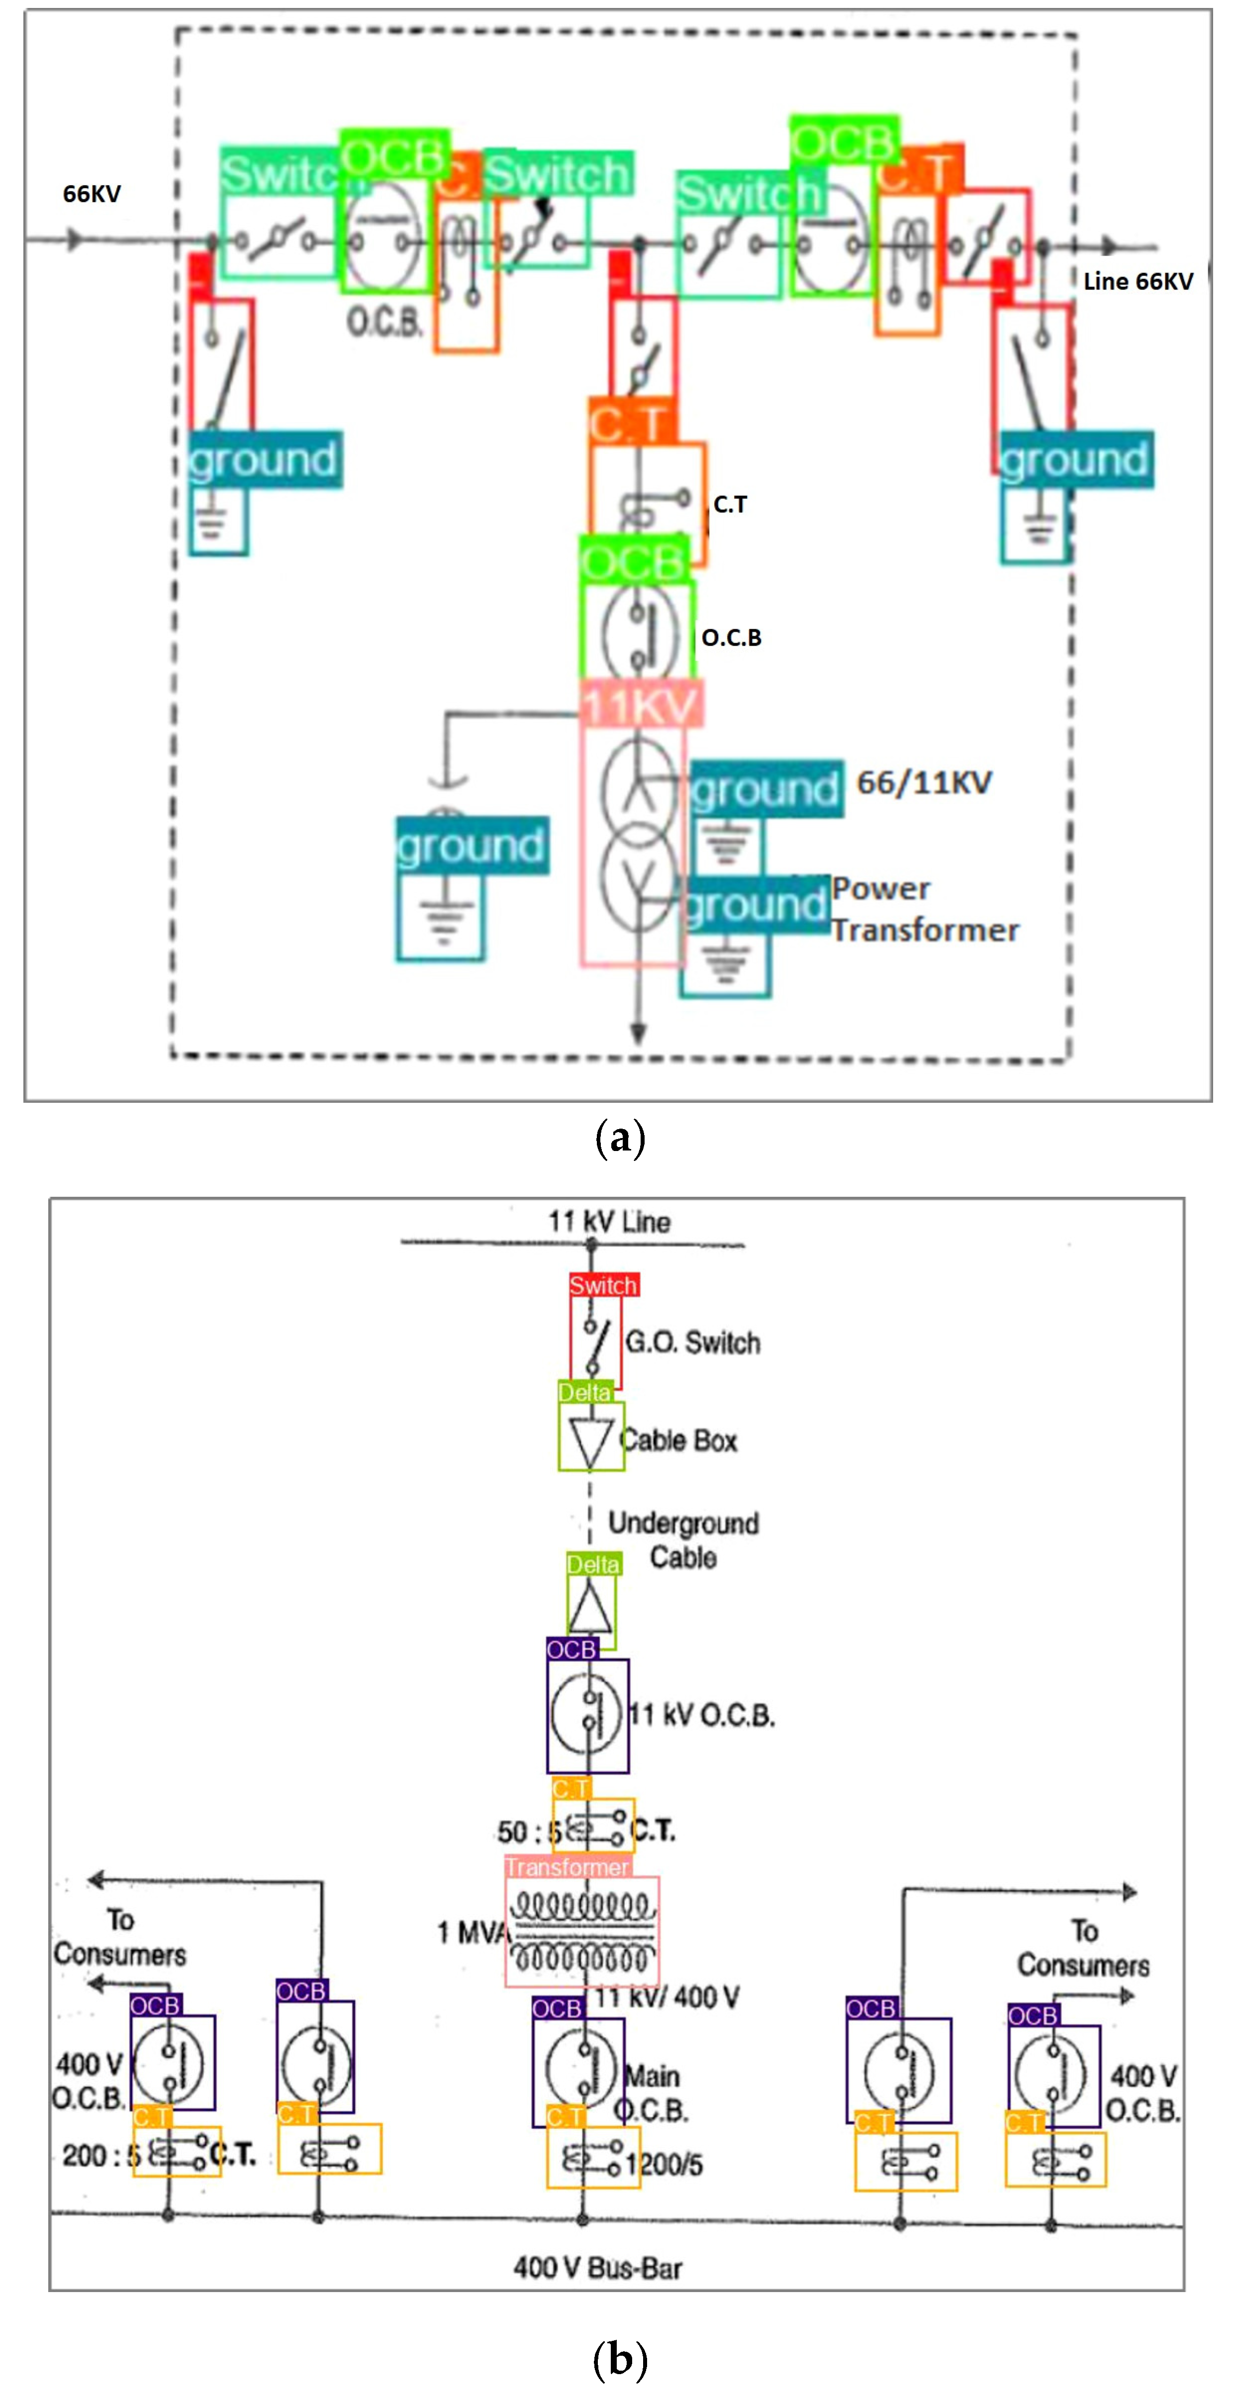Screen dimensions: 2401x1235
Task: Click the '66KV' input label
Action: coord(92,194)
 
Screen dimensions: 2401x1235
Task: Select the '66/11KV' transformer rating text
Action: coord(924,783)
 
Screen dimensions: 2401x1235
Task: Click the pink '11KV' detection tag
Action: coord(640,705)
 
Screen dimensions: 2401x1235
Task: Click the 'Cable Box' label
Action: coord(679,1441)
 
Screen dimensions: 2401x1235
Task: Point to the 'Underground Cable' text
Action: coord(683,1540)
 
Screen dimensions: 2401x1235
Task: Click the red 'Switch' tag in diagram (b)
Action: coord(603,1285)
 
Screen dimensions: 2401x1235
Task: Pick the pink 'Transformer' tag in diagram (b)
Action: coord(568,1867)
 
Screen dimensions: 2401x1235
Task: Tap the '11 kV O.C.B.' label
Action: coord(702,1715)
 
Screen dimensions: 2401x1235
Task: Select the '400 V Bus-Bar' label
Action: coord(597,2268)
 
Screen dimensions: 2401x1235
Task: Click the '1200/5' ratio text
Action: coord(665,2164)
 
